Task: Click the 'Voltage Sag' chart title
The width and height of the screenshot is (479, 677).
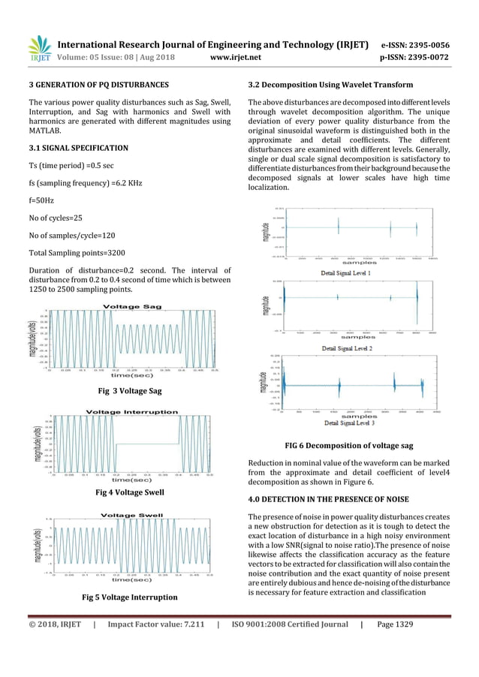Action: (x=131, y=306)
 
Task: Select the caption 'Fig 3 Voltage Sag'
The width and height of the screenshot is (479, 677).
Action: (x=131, y=390)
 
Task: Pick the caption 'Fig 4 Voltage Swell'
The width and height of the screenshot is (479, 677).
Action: (x=131, y=492)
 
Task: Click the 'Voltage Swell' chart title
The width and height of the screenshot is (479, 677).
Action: (x=131, y=515)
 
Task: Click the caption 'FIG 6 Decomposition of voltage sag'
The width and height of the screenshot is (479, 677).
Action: (x=349, y=445)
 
